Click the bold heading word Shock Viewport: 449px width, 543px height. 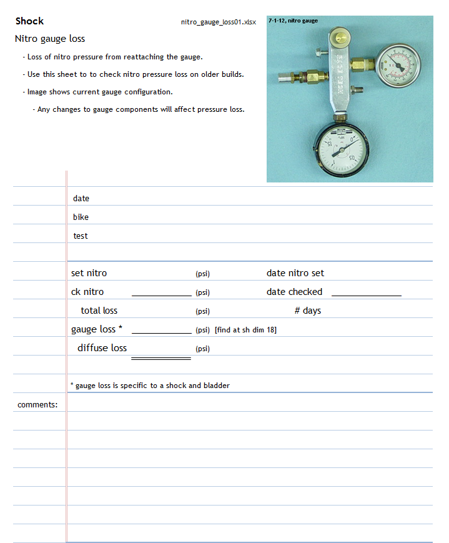[29, 21]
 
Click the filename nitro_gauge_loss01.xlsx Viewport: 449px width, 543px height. [218, 22]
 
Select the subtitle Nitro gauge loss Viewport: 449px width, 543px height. [50, 39]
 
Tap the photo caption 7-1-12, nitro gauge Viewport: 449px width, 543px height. [293, 21]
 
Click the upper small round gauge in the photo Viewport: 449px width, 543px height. [398, 64]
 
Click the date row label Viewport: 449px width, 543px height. [81, 198]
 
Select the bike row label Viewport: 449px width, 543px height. [81, 217]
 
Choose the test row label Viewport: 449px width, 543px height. [81, 236]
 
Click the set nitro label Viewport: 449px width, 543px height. [89, 273]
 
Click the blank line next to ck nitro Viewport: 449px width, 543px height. [161, 294]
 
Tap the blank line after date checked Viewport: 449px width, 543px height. [366, 294]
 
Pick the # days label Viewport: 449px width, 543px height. [308, 311]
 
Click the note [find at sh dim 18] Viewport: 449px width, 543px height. [245, 330]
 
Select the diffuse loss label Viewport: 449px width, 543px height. [102, 348]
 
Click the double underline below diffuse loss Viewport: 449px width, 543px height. [161, 359]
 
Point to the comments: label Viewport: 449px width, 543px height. [37, 404]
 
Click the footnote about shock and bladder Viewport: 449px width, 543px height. [150, 386]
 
